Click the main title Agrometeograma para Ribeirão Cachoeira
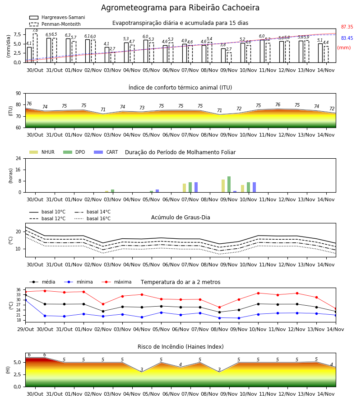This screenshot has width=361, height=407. point(180,8)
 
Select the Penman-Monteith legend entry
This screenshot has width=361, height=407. point(55,24)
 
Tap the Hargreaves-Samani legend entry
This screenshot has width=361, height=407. point(57,17)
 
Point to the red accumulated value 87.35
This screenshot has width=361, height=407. point(347,27)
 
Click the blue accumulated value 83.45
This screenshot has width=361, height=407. point(347,38)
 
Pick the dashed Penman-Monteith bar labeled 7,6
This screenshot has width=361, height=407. point(35,48)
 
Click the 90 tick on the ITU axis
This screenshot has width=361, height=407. point(19,94)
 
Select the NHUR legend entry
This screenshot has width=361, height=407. point(42,152)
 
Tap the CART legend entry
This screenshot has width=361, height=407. point(106,152)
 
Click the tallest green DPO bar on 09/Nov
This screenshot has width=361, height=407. point(229,185)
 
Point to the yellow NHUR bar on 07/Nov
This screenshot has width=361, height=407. point(185,188)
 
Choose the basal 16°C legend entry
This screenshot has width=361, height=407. point(93,218)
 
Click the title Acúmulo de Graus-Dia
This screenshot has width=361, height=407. point(180,218)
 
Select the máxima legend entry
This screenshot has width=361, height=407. point(116,282)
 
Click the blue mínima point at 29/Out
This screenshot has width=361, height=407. point(25,300)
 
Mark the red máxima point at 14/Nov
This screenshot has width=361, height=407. point(336,309)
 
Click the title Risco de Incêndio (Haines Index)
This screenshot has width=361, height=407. point(180,347)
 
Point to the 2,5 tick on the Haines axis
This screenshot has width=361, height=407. point(17,374)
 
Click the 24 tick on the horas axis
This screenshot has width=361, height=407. point(19,159)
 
